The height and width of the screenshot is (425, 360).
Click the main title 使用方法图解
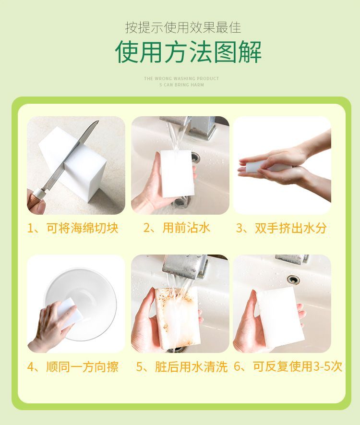tap(188, 52)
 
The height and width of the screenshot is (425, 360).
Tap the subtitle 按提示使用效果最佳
tap(183, 27)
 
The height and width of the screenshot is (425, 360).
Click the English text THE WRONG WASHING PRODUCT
tap(181, 79)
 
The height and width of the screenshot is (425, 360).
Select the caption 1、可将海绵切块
tap(73, 228)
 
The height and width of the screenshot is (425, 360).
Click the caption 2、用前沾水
tap(177, 228)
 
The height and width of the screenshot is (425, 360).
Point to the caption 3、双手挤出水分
tap(281, 228)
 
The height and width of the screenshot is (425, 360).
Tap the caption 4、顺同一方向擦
tap(73, 367)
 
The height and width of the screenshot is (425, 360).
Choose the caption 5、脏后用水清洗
tap(181, 367)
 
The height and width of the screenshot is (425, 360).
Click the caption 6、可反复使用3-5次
tap(288, 367)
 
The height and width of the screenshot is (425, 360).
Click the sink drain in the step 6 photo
tap(293, 279)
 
